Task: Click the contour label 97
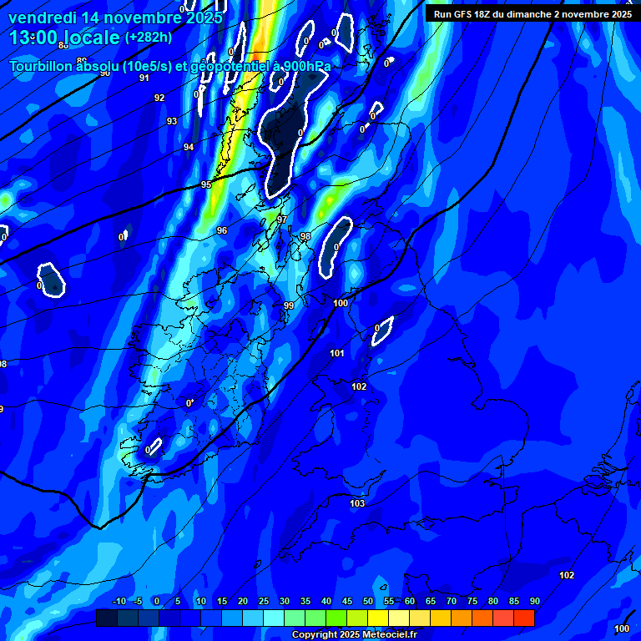coord(282,220)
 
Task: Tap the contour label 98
coord(305,237)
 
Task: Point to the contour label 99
coord(289,306)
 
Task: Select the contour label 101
coord(337,354)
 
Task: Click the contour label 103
coord(358,503)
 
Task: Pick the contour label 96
coord(222,230)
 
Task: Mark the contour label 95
coord(206,184)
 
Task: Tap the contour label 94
coord(189,147)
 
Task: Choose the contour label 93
coord(172,122)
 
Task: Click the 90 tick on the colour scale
coord(534,602)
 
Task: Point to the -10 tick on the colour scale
coord(119,602)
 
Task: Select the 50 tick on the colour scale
coord(368,602)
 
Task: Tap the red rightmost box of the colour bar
coord(523,618)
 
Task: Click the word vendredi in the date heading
coord(43,17)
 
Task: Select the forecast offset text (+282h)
coord(148,38)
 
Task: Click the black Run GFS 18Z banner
coord(532,14)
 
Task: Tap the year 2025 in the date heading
coord(203,17)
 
